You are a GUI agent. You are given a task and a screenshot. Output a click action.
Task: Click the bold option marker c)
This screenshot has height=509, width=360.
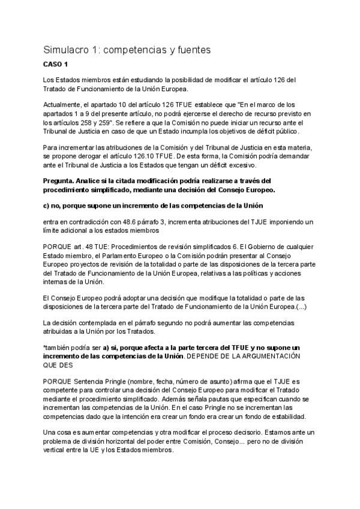(x=47, y=206)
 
